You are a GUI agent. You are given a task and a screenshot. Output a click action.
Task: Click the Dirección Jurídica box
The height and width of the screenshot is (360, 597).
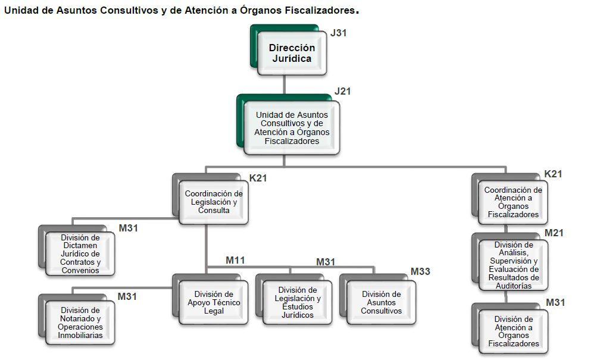[x=292, y=54]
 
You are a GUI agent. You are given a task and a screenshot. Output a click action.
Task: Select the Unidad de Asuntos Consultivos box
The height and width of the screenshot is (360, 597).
[x=292, y=128]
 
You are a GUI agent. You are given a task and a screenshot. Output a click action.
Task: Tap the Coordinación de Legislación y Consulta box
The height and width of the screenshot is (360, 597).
[x=214, y=202]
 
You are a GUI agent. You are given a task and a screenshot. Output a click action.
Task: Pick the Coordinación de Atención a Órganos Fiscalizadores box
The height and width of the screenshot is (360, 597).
[x=513, y=202]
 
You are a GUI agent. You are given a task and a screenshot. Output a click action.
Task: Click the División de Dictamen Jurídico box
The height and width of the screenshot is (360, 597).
[x=80, y=254]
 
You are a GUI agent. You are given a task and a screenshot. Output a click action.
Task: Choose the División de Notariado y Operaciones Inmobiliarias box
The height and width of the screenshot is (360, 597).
[x=80, y=323]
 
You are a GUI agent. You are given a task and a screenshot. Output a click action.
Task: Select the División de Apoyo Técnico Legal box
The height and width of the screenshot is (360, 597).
[x=214, y=302]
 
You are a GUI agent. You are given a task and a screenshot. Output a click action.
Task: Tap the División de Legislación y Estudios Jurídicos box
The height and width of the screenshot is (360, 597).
[x=298, y=302]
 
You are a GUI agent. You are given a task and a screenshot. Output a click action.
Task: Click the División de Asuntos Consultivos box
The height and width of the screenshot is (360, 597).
[x=382, y=302]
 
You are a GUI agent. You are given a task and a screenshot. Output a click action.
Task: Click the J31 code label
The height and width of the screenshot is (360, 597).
[x=339, y=33]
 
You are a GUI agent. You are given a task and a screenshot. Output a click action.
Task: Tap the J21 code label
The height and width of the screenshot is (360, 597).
[x=343, y=92]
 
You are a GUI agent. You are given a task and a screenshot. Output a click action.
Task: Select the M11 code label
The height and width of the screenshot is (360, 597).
[x=235, y=260]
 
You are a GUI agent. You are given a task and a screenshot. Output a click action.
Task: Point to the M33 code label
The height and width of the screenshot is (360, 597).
[x=420, y=272]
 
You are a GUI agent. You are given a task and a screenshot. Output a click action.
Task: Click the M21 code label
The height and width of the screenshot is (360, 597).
[x=554, y=233]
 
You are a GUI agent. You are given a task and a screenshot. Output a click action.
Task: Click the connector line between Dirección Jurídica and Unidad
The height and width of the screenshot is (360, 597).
[x=285, y=83]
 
